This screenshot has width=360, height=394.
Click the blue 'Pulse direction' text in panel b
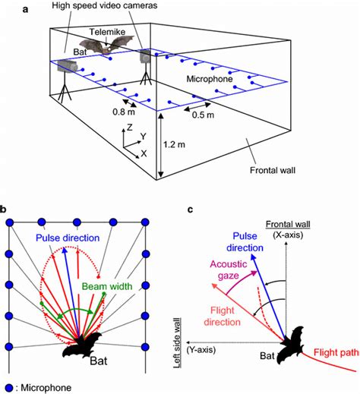[x=74, y=238]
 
